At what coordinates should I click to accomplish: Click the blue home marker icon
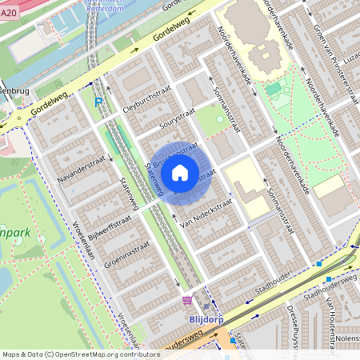click(x=180, y=173)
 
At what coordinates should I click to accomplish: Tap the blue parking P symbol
click(x=98, y=102)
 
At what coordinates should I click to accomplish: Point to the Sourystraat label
click(x=177, y=122)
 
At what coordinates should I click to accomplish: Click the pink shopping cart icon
click(x=187, y=300)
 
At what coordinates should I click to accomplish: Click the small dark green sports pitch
click(x=274, y=89)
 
